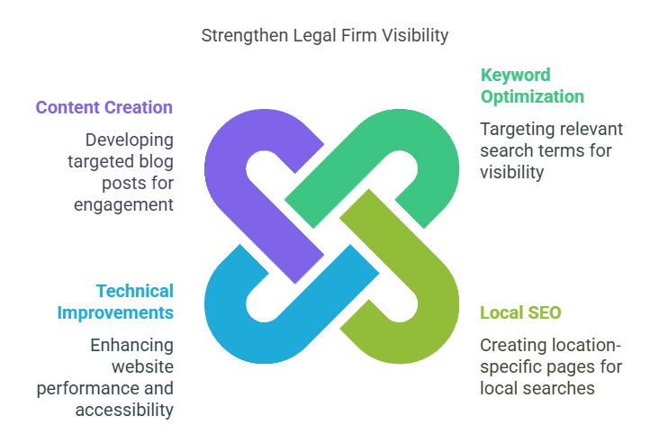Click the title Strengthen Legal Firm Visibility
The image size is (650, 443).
coord(324,36)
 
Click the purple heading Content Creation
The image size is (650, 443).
coord(104,107)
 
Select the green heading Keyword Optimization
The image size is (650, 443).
coord(532,86)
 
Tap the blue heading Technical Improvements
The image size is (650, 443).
coord(115,302)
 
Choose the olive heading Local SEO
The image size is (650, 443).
coord(520,312)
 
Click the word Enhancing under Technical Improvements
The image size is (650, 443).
coord(131,345)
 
